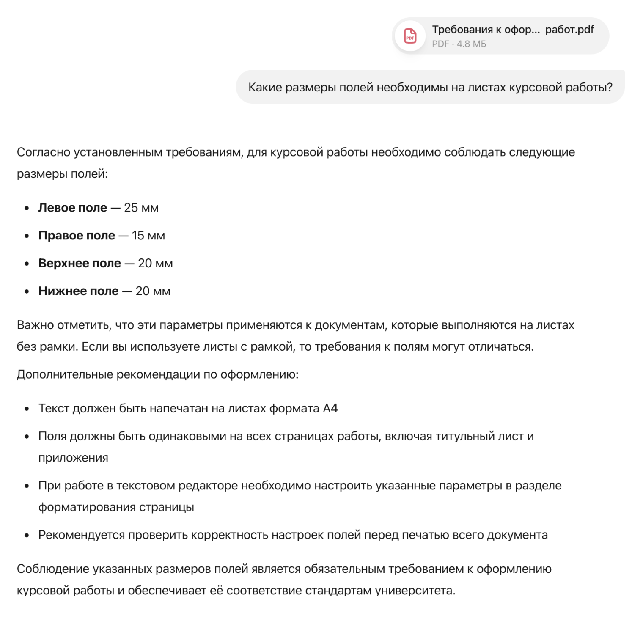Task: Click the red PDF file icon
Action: (410, 36)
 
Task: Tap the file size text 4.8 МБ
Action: (471, 44)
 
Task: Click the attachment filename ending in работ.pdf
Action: (513, 30)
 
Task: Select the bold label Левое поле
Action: (73, 208)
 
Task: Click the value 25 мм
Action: (141, 208)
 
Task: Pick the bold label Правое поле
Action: (77, 236)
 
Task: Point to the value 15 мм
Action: (148, 236)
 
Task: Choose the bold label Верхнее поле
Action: (80, 263)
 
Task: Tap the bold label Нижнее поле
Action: (78, 291)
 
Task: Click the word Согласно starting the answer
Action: (44, 152)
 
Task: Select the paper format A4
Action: (330, 409)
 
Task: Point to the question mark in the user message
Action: (610, 88)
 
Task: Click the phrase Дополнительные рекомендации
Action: (108, 375)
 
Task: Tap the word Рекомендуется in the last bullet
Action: (82, 535)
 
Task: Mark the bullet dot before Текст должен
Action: (27, 409)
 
